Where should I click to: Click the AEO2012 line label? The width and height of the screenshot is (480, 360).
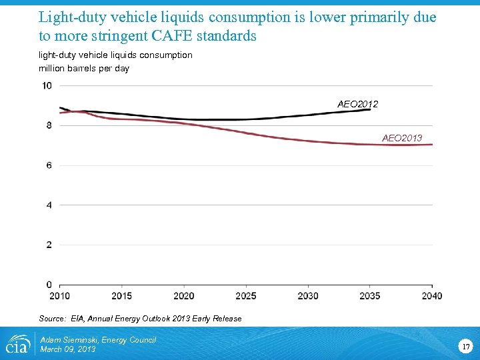[x=357, y=104]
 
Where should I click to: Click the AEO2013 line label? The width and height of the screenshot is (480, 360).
[x=402, y=138]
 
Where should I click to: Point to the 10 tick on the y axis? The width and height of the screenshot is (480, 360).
[x=47, y=85]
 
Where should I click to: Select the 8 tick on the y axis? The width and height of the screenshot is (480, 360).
[x=49, y=125]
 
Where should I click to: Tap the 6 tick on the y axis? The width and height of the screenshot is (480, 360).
[x=49, y=165]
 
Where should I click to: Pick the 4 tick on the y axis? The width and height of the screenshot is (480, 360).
[x=49, y=205]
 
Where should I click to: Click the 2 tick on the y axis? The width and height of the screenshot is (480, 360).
[x=49, y=245]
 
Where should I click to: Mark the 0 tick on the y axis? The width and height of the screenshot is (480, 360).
[x=49, y=285]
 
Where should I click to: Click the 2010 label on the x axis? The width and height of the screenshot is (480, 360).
[x=59, y=296]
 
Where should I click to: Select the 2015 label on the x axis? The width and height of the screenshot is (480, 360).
[x=121, y=296]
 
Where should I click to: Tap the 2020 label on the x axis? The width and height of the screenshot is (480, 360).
[x=183, y=296]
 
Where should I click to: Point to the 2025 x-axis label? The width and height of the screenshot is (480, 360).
[x=245, y=296]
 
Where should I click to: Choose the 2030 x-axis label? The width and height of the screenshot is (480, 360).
[x=307, y=296]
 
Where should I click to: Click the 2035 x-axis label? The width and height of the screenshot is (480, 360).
[x=369, y=296]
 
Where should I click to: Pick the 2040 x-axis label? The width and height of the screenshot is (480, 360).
[x=431, y=296]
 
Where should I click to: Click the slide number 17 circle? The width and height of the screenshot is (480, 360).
[x=465, y=346]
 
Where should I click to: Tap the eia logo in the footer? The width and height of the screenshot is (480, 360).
[x=17, y=344]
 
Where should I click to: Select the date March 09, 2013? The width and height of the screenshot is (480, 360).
[x=68, y=349]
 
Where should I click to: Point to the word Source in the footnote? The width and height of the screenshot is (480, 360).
[x=51, y=319]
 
